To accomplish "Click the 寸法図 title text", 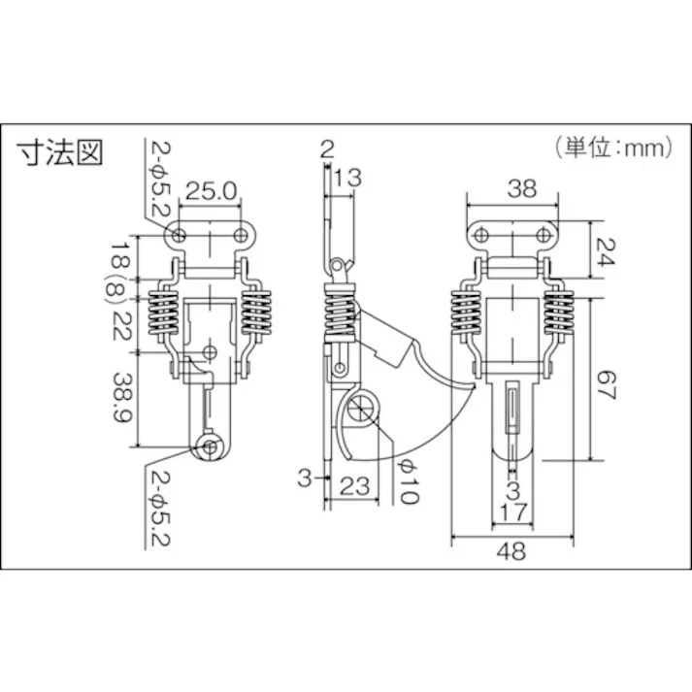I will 60,153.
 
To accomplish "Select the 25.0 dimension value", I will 211,191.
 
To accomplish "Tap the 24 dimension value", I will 608,248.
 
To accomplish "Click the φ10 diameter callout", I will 407,482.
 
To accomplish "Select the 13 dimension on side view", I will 346,176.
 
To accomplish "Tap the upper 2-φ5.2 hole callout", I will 159,179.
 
